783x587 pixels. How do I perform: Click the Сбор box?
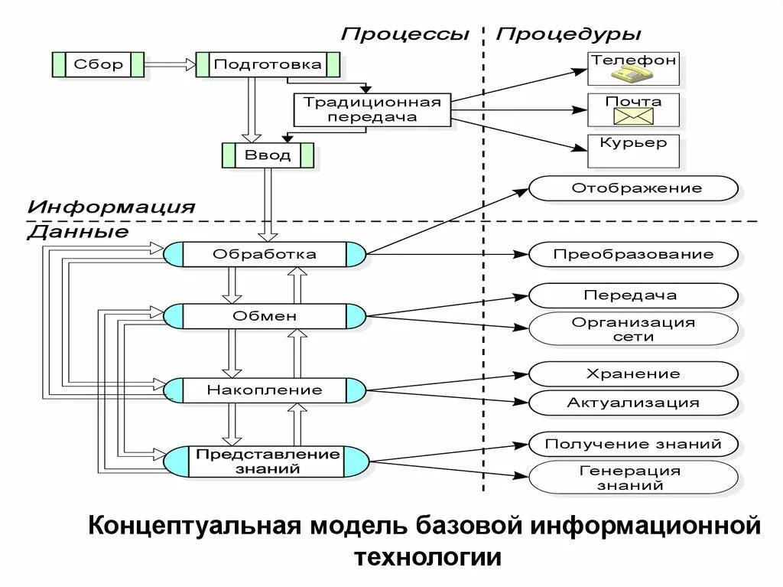point(98,64)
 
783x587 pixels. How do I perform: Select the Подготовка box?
point(268,64)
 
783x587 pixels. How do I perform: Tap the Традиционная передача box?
point(372,109)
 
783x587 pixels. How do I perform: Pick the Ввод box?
point(268,155)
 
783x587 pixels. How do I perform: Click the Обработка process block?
point(265,253)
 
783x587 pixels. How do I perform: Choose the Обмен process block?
point(265,315)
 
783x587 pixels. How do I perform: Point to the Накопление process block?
point(265,390)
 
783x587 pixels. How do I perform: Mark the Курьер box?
point(633,151)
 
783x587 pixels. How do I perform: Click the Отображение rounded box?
point(633,188)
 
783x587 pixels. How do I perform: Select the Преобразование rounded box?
point(633,254)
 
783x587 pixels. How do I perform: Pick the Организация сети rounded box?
point(633,329)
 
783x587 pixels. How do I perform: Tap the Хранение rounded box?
point(633,374)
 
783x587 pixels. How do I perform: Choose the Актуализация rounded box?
point(633,403)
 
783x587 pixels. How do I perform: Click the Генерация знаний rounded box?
point(633,478)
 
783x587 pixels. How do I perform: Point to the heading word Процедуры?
point(569,34)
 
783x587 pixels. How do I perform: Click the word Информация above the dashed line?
point(112,207)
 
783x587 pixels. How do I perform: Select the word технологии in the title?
point(427,556)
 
